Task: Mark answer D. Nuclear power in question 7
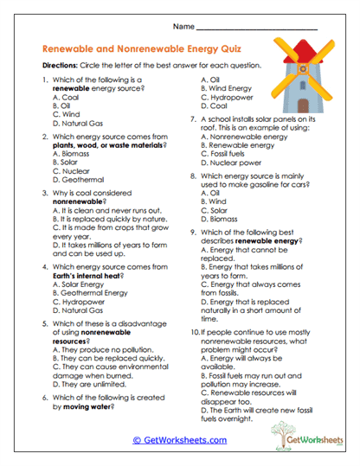click(x=233, y=162)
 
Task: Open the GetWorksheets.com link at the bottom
click(x=179, y=439)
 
